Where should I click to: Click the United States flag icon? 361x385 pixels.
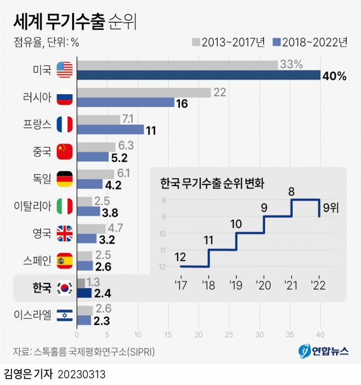(x=65, y=70)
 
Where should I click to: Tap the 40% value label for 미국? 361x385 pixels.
(x=333, y=76)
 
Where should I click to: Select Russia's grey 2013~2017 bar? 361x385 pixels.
(x=143, y=92)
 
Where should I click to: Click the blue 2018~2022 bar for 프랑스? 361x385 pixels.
(x=110, y=129)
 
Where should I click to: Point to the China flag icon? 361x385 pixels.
(x=65, y=151)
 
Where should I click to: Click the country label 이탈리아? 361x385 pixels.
(x=32, y=206)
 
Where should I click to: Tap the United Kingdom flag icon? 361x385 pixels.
(x=65, y=232)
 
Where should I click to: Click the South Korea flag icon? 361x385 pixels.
(x=65, y=287)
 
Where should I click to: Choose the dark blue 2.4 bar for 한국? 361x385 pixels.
(x=83, y=293)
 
